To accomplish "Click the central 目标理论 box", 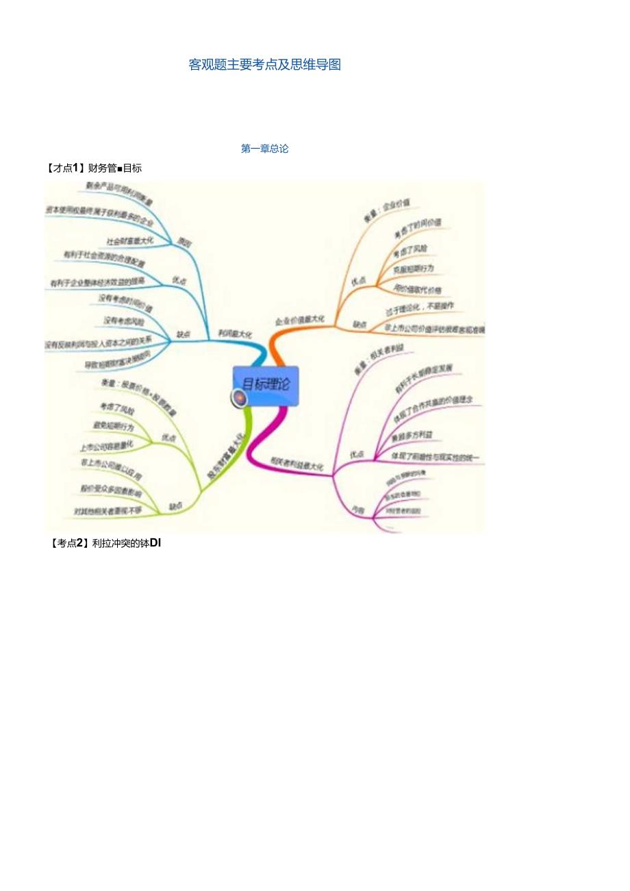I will [x=266, y=384].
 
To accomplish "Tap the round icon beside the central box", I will [x=239, y=398].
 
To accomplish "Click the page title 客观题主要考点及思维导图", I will [x=265, y=65].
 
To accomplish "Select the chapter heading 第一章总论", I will [x=265, y=149].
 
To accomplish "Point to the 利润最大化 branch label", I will [x=235, y=333].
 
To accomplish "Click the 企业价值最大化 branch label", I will [x=300, y=320].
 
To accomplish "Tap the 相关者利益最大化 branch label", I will [x=297, y=465].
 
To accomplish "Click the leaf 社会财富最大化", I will [x=130, y=240].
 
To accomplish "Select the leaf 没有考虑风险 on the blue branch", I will [x=124, y=321].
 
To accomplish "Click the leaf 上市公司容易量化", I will [x=106, y=446].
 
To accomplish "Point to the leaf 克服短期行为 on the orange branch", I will [x=414, y=268].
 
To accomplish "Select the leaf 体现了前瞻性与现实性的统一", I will [x=435, y=456].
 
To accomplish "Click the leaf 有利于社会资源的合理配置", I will [x=104, y=258].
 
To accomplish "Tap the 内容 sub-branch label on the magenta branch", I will [x=357, y=510].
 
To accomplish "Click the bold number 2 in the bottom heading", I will [x=79, y=543].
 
